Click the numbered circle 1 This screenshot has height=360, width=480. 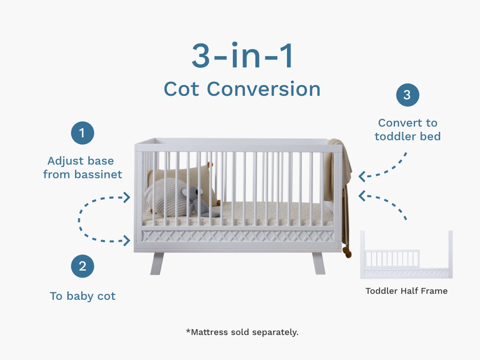pyautogui.click(x=82, y=133)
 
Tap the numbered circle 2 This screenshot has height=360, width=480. pyautogui.click(x=82, y=266)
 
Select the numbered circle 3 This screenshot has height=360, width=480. pyautogui.click(x=408, y=95)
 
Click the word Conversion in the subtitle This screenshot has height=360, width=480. pyautogui.click(x=264, y=89)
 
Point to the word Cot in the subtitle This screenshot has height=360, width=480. pyautogui.click(x=181, y=89)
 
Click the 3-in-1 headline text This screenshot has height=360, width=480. pyautogui.click(x=242, y=55)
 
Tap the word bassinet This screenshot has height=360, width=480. pyautogui.click(x=98, y=174)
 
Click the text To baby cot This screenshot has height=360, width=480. pyautogui.click(x=82, y=296)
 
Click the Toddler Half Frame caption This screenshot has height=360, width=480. pyautogui.click(x=406, y=291)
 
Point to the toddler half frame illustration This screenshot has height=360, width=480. pyautogui.click(x=406, y=255)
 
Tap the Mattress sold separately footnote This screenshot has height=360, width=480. pyautogui.click(x=242, y=332)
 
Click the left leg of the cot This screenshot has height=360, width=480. pyautogui.click(x=157, y=263)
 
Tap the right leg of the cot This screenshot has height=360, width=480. pyautogui.click(x=319, y=263)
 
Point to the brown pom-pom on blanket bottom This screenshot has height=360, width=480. pyautogui.click(x=348, y=253)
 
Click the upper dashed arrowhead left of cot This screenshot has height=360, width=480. pyautogui.click(x=127, y=197)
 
